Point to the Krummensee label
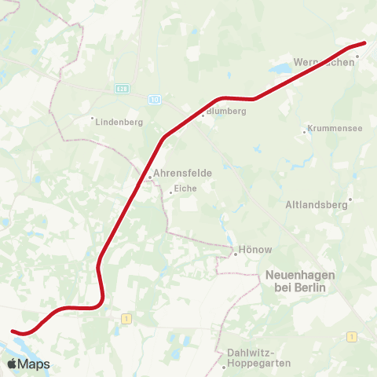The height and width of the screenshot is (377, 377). coord(336,128)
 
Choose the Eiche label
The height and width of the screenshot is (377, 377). coord(186,188)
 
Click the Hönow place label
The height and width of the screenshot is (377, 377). coord(256,250)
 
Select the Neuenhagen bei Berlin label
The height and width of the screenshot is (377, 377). coord(300,281)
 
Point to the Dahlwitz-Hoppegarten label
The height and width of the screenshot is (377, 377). coord(258,357)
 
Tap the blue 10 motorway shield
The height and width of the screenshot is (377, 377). coord(155,99)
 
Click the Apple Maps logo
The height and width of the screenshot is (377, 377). coord(28,364)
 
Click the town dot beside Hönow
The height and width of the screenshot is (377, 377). coord(234,254)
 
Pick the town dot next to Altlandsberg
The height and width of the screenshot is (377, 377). coord(350,199)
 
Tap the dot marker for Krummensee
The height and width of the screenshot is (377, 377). coord(305,132)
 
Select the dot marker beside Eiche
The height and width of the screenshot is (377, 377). coord(170,192)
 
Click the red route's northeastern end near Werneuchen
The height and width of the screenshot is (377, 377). coord(364,43)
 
